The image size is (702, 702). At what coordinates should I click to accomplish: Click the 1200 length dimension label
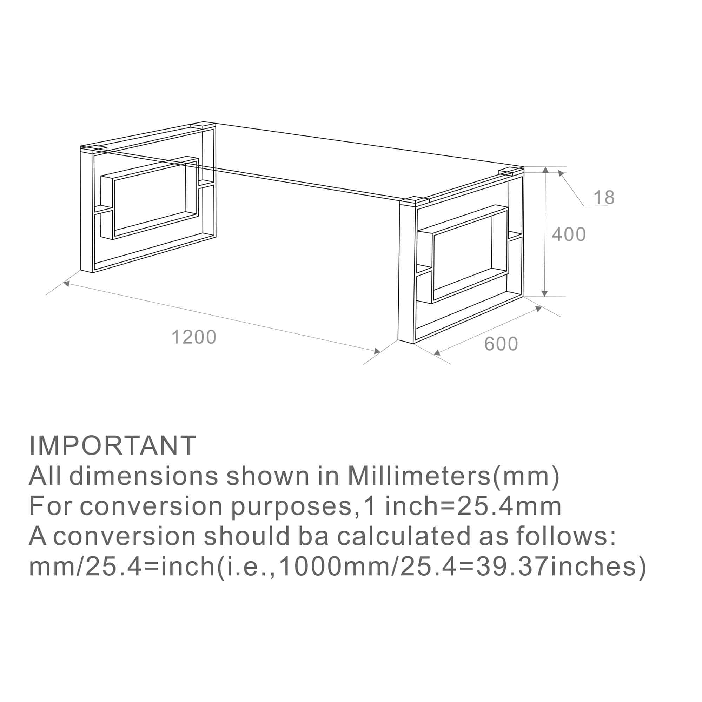point(194,337)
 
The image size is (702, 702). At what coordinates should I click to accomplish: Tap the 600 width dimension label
point(501,344)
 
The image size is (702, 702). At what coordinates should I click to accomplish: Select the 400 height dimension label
point(569,234)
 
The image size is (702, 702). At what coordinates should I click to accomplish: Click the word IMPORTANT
point(113,445)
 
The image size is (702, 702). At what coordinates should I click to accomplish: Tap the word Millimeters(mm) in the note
point(453,476)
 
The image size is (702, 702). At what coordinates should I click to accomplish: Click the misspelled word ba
point(313,536)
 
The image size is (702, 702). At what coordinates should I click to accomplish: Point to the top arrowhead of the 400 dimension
point(545,170)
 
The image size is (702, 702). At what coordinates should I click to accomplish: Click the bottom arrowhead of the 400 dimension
point(544,293)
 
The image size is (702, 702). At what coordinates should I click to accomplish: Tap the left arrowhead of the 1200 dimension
point(66,283)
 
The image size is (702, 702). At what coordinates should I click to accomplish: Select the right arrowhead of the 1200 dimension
point(378,351)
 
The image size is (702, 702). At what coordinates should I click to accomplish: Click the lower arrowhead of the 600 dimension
point(437,352)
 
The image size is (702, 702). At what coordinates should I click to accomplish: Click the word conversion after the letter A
point(125,536)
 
